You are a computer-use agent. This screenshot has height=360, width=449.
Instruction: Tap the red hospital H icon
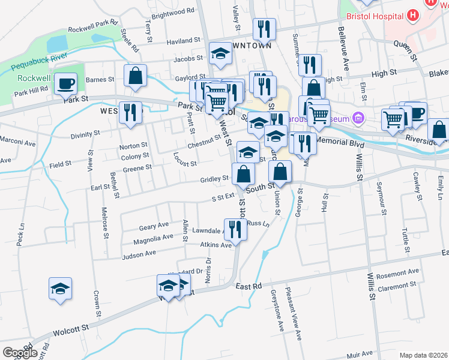(412, 14)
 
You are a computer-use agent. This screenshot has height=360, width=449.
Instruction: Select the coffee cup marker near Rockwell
(66, 85)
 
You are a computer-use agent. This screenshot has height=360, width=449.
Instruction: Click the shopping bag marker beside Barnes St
(136, 76)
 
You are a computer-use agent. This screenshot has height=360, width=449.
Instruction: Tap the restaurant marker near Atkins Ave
(235, 230)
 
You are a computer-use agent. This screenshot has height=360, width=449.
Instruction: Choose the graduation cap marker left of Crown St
(61, 289)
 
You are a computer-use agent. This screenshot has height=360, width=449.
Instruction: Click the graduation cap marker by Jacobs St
(220, 54)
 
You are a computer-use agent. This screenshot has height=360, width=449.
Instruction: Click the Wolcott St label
(71, 329)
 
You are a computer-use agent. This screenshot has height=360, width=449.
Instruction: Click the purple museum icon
(359, 116)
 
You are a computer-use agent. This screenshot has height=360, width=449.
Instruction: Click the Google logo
(20, 353)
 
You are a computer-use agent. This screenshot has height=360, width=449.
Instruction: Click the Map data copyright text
(423, 355)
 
